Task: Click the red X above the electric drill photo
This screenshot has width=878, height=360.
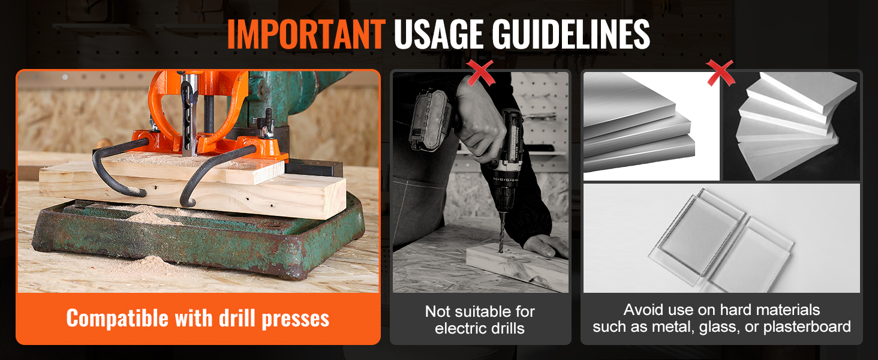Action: [x=480, y=73]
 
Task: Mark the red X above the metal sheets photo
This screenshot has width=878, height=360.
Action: [x=720, y=73]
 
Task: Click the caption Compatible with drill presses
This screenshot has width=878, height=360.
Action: [x=197, y=319]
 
